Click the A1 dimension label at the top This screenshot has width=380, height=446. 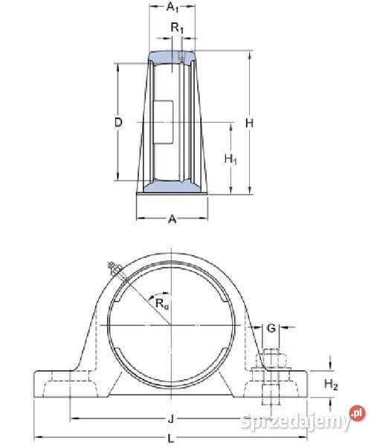point(173,7)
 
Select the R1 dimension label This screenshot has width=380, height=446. point(177,28)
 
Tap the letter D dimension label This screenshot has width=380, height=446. point(118,123)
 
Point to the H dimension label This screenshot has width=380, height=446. point(249,123)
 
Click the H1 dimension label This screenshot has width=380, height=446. point(231,159)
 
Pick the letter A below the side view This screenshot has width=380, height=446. point(173,219)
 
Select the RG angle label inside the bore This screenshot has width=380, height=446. point(162,304)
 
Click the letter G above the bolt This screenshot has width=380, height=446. point(271,329)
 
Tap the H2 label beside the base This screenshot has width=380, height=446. point(331,384)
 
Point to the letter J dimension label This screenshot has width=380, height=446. point(171,418)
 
